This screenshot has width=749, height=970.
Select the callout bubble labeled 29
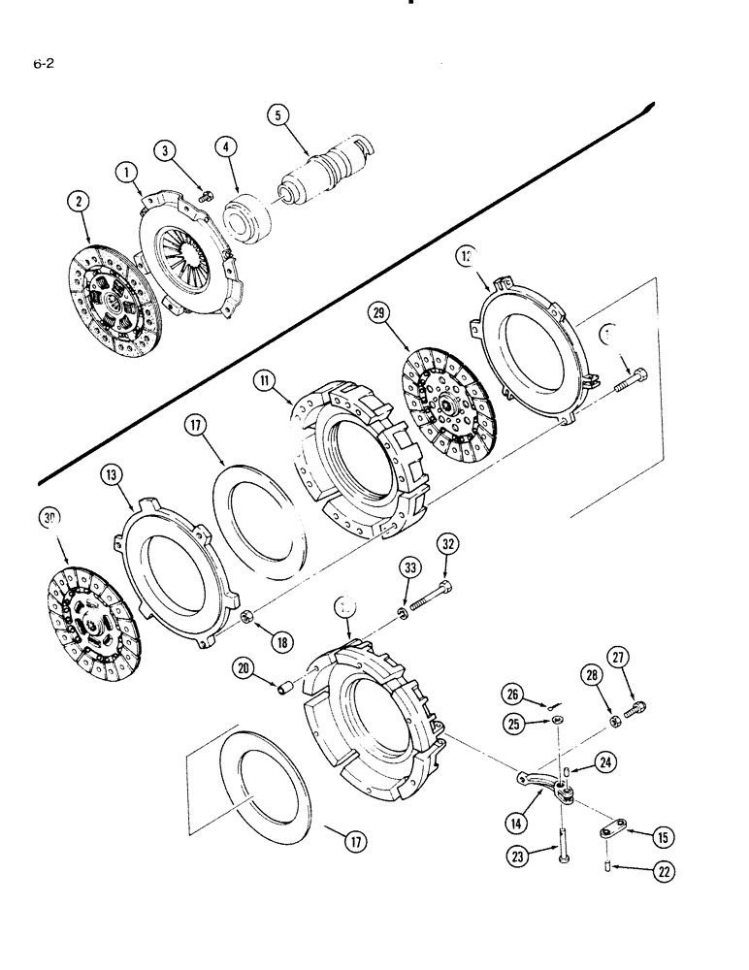click(x=380, y=312)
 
